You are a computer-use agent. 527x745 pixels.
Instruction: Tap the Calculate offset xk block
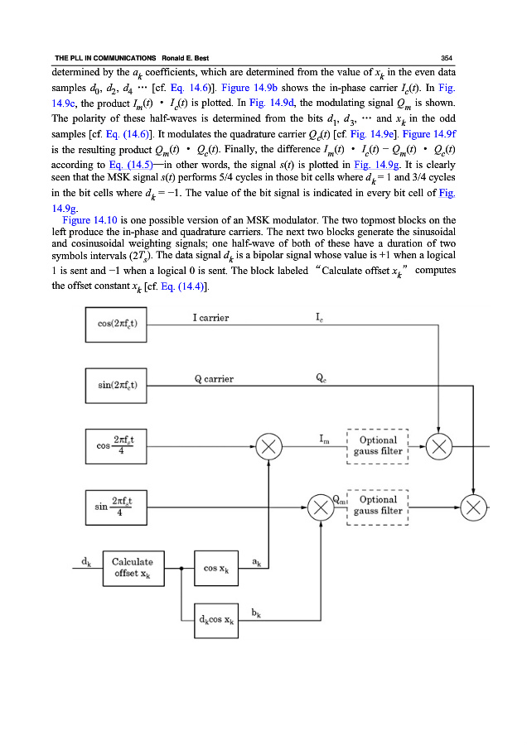tap(133, 567)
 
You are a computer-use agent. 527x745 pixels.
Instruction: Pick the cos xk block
tap(216, 568)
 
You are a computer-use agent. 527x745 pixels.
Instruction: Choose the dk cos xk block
tap(216, 618)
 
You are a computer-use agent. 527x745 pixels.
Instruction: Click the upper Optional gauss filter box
tap(378, 446)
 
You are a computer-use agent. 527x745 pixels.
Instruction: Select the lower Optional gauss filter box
tap(378, 506)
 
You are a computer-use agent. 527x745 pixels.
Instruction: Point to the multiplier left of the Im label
tap(268, 447)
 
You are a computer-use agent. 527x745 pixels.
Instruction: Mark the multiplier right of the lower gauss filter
tap(474, 507)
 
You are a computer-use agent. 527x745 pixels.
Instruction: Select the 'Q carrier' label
tap(214, 379)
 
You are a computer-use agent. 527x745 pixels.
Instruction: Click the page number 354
tap(446, 56)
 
